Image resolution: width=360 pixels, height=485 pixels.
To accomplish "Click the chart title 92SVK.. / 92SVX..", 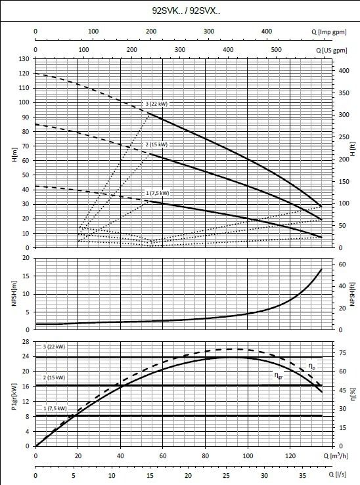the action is pyautogui.click(x=186, y=11).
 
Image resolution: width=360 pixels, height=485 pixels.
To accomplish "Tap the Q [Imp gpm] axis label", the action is pyautogui.click(x=329, y=32).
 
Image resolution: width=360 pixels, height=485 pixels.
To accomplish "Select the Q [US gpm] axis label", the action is pyautogui.click(x=332, y=50).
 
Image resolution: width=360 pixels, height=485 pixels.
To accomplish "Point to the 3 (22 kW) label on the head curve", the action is pyautogui.click(x=156, y=104).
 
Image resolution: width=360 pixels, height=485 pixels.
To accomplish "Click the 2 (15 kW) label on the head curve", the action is pyautogui.click(x=156, y=145).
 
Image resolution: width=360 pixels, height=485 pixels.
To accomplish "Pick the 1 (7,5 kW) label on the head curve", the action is pyautogui.click(x=158, y=194).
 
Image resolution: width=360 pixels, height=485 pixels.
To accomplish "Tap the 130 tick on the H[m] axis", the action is pyautogui.click(x=24, y=59).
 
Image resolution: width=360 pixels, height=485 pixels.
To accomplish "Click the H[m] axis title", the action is pyautogui.click(x=14, y=155).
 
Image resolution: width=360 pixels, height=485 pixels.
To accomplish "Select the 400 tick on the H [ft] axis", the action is pyautogui.click(x=344, y=71).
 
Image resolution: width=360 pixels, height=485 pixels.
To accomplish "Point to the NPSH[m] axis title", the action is pyautogui.click(x=14, y=293).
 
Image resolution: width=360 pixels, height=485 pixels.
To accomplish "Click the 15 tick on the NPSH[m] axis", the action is pyautogui.click(x=26, y=276).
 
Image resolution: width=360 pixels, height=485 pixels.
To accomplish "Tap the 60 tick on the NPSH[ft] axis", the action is pyautogui.click(x=342, y=264).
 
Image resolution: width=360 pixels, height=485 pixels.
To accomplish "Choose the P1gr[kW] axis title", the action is pyautogui.click(x=14, y=397).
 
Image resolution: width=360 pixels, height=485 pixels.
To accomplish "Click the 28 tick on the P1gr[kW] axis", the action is pyautogui.click(x=26, y=342).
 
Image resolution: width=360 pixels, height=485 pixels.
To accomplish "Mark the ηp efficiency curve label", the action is pyautogui.click(x=312, y=366).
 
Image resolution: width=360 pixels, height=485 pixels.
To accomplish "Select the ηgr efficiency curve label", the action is pyautogui.click(x=279, y=375).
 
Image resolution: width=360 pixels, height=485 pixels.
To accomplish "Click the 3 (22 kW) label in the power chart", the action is pyautogui.click(x=54, y=347).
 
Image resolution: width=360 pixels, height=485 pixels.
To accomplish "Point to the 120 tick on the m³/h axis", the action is pyautogui.click(x=290, y=456).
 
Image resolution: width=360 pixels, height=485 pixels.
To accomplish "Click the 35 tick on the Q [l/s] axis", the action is pyautogui.click(x=303, y=476).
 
